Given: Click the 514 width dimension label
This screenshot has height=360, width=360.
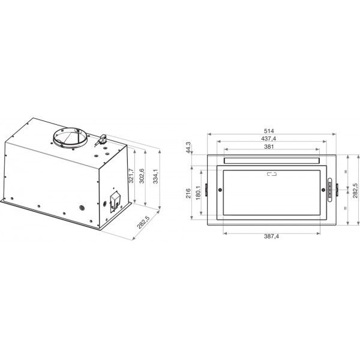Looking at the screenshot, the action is tap(269, 131).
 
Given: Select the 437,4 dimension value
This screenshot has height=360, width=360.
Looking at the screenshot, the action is tap(269, 139).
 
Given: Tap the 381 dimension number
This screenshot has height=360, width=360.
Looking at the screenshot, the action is tap(269, 146).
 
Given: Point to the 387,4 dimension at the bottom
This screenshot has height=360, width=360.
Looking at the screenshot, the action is tap(271, 236).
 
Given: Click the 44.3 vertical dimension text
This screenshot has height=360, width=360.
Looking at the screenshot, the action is tap(188, 148).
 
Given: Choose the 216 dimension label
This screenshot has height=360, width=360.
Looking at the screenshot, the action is tap(188, 193).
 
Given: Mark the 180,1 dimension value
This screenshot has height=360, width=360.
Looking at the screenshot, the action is tap(199, 193).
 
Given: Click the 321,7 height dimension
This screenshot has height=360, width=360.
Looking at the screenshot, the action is tap(131, 176).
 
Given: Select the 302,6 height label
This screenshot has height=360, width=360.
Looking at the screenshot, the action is tap(142, 176).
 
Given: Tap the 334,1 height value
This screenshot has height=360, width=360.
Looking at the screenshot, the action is tap(155, 176).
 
